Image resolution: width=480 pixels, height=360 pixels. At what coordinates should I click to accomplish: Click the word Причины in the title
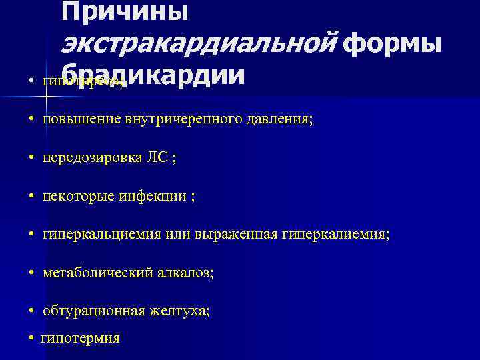(x=125, y=12)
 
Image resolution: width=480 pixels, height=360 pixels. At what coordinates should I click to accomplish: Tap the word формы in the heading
(x=394, y=44)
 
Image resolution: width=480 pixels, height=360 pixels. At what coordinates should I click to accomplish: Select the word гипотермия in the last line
(x=80, y=339)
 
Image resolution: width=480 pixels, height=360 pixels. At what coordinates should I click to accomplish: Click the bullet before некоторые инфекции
(x=32, y=197)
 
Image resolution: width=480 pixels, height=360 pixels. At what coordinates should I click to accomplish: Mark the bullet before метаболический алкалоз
(x=32, y=273)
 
